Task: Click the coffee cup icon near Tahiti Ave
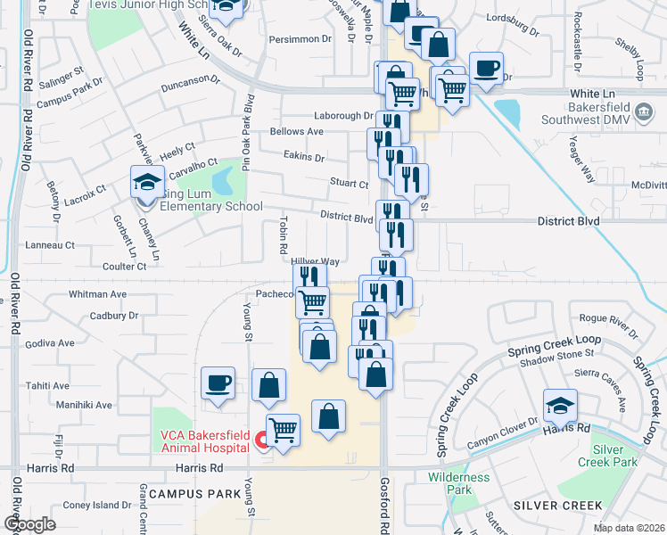[218, 384]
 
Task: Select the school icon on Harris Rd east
[559, 407]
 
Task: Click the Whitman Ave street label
[98, 294]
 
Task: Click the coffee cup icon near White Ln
[486, 69]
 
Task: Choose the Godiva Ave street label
[50, 343]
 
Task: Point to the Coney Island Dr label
[97, 506]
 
